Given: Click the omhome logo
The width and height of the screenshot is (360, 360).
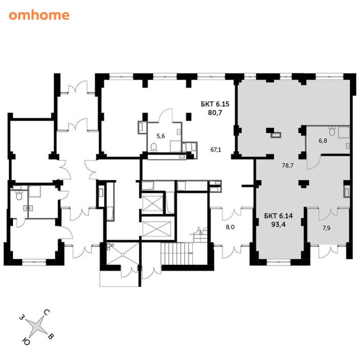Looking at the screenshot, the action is click(39, 15).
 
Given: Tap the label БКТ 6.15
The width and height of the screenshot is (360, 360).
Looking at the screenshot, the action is click(215, 104).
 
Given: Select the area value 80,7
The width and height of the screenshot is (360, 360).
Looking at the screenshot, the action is click(215, 113).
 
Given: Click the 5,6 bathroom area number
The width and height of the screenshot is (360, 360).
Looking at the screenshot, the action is click(161, 136).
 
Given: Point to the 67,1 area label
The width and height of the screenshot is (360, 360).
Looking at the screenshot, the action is click(216, 150).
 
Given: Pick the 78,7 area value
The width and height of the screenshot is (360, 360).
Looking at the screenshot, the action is click(288, 165).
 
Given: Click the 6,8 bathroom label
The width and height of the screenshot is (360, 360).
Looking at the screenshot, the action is click(323, 141).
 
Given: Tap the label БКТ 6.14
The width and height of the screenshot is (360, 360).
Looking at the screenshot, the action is click(279, 216).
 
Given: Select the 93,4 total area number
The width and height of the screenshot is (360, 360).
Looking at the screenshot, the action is click(279, 224).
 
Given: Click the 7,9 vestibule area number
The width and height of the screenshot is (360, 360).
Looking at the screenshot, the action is click(326, 228).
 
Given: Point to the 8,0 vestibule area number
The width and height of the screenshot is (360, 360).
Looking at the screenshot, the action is click(230, 227).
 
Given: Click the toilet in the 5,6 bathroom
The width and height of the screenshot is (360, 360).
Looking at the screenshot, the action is click(153, 147).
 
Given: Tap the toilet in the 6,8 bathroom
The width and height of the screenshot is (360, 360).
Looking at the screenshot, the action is click(332, 131).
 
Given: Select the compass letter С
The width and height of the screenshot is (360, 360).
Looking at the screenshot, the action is click(47, 312).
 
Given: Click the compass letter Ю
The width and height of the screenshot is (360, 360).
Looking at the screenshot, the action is click(26, 342).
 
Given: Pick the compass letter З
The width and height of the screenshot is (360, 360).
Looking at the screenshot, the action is click(22, 318).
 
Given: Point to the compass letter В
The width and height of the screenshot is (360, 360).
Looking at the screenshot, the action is click(51, 337).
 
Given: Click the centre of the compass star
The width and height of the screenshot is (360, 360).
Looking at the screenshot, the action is click(36, 327).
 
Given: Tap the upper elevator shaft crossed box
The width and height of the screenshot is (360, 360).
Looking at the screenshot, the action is click(153, 203).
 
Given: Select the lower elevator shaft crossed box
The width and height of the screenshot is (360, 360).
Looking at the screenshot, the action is click(157, 229).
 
